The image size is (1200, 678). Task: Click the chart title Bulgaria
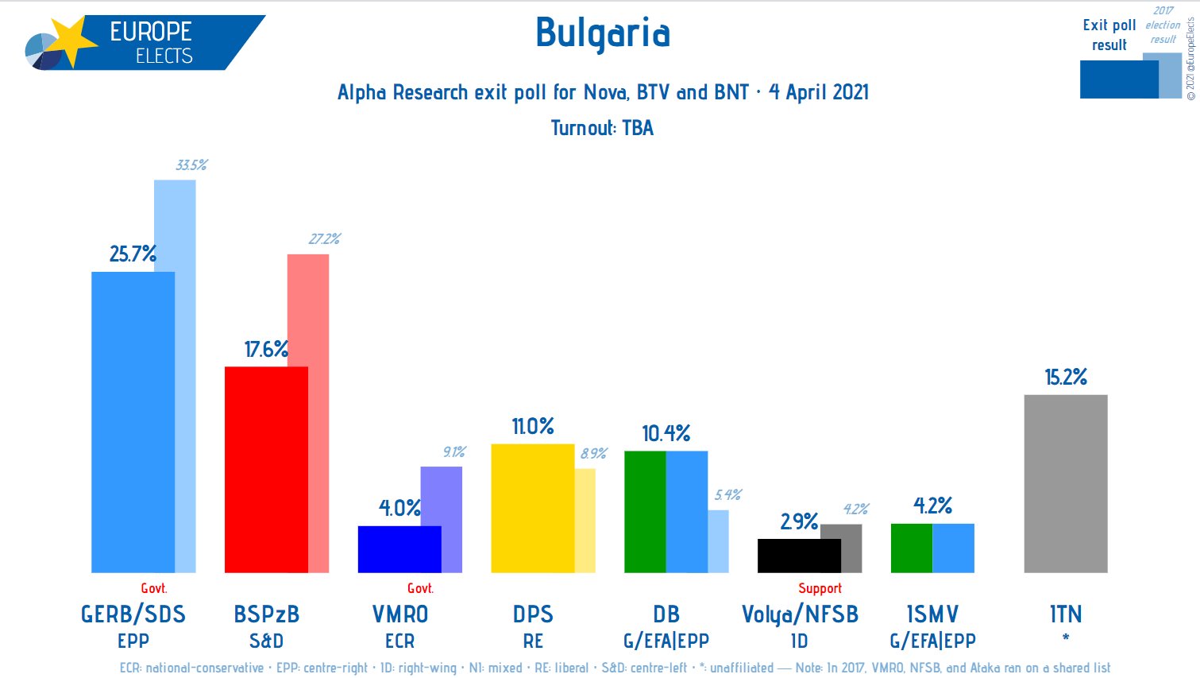pyautogui.click(x=603, y=33)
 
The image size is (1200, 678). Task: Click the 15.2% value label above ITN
pyautogui.click(x=1065, y=377)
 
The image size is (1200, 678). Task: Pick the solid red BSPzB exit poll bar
pyautogui.click(x=265, y=469)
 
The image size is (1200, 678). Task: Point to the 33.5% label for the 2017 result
pyautogui.click(x=191, y=165)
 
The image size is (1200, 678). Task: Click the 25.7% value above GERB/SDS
pyautogui.click(x=133, y=254)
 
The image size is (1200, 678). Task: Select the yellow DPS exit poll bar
pyautogui.click(x=532, y=508)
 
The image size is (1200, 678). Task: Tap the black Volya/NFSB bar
pyautogui.click(x=798, y=556)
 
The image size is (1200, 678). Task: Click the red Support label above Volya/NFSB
pyautogui.click(x=820, y=588)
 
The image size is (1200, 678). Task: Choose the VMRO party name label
pyautogui.click(x=399, y=614)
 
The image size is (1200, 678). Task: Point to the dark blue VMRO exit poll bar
pyautogui.click(x=399, y=549)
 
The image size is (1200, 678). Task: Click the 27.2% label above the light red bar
pyautogui.click(x=324, y=239)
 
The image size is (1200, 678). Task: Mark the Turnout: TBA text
pyautogui.click(x=602, y=128)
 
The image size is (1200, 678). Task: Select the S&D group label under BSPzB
pyautogui.click(x=266, y=641)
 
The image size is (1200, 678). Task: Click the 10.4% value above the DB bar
pyautogui.click(x=666, y=433)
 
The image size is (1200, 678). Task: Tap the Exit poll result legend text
pyautogui.click(x=1109, y=35)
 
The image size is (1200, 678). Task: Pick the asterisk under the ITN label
pyautogui.click(x=1065, y=637)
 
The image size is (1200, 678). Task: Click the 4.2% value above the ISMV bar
pyautogui.click(x=932, y=506)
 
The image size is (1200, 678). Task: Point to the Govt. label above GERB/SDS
pyautogui.click(x=153, y=588)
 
